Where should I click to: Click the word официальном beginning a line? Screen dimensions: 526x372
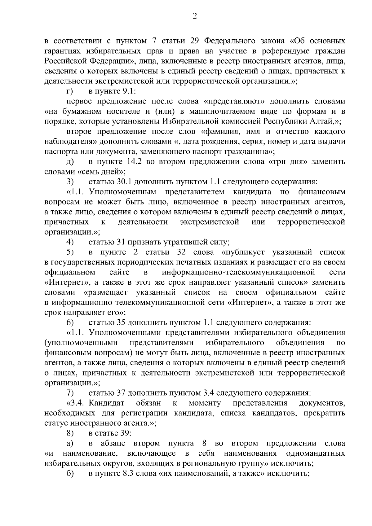(70, 272)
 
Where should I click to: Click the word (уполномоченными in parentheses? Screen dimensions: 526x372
(81, 343)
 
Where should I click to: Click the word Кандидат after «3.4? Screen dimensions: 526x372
(107, 403)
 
